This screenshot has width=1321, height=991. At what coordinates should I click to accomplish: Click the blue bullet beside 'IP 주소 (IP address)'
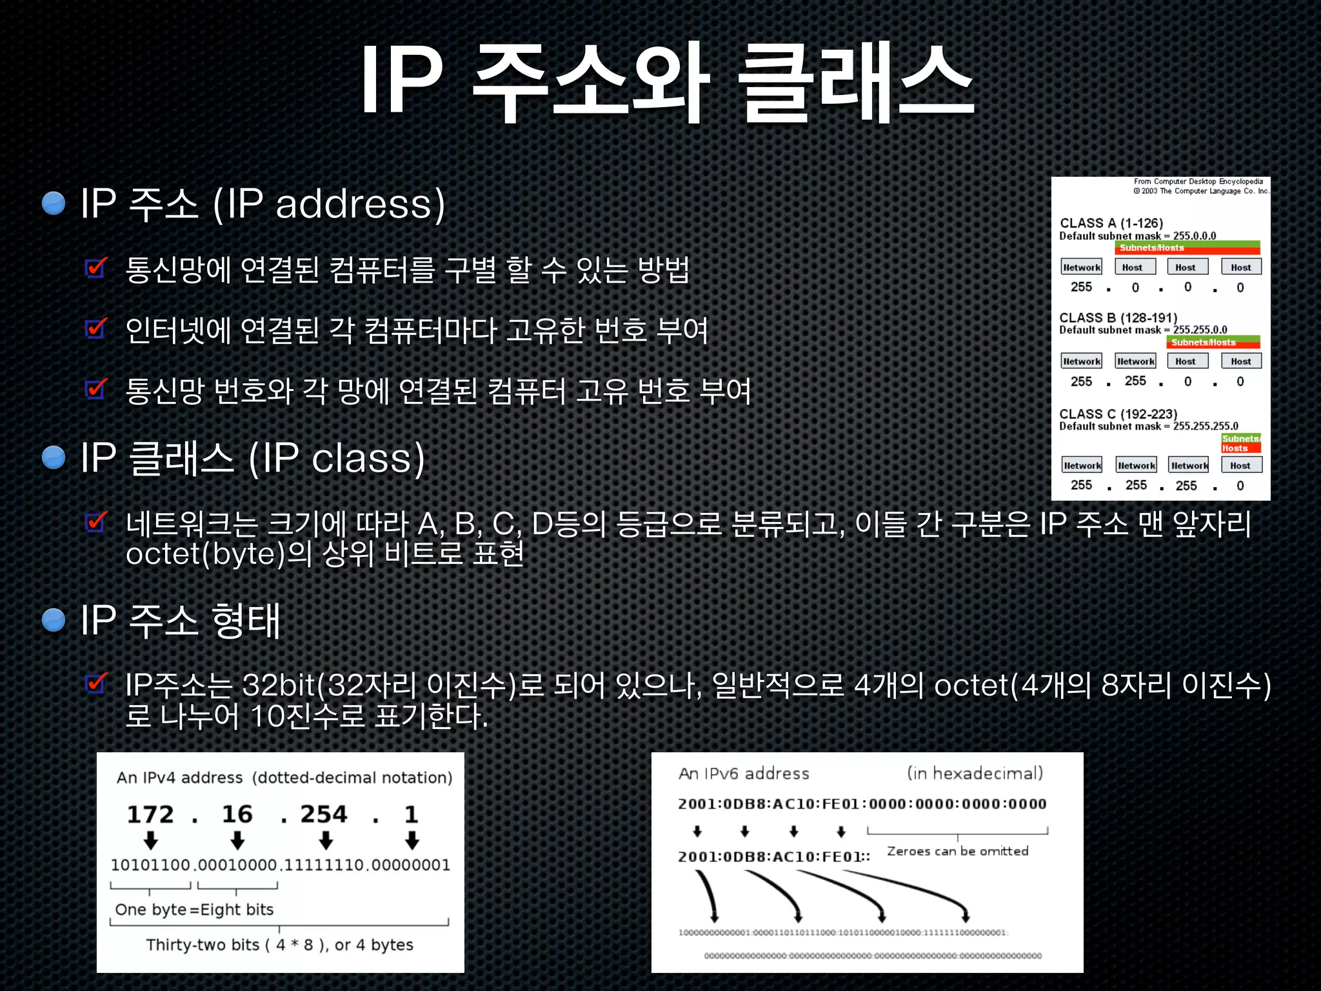pyautogui.click(x=54, y=203)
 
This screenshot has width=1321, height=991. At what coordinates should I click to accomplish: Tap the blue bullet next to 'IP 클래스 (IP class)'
pyautogui.click(x=54, y=457)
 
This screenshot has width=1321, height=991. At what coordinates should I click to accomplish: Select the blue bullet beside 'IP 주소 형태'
pyautogui.click(x=54, y=620)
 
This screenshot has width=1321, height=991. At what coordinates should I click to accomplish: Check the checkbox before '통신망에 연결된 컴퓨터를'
pyautogui.click(x=96, y=267)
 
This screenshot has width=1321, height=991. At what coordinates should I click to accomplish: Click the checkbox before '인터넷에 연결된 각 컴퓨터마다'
pyautogui.click(x=96, y=328)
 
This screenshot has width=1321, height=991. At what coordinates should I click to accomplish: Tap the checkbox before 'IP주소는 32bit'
pyautogui.click(x=96, y=683)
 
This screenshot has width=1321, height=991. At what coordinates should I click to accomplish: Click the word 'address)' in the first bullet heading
pyautogui.click(x=360, y=204)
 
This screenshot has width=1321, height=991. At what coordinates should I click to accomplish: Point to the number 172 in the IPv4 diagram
pyautogui.click(x=150, y=814)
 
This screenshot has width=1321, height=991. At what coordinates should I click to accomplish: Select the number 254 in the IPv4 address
pyautogui.click(x=324, y=814)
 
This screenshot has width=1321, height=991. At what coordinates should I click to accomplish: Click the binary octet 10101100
pyautogui.click(x=150, y=865)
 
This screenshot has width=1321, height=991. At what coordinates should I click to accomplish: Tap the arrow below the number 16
pyautogui.click(x=237, y=840)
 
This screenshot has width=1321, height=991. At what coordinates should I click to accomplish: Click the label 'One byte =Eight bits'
pyautogui.click(x=194, y=910)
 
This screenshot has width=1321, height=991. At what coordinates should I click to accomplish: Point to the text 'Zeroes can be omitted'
pyautogui.click(x=958, y=851)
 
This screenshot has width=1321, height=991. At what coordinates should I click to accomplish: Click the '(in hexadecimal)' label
pyautogui.click(x=975, y=773)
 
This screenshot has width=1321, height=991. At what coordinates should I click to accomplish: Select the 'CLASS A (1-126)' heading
pyautogui.click(x=1111, y=223)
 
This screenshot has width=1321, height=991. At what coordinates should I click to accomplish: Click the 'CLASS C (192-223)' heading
pyautogui.click(x=1118, y=414)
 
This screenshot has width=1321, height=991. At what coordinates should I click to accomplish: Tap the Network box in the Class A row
pyautogui.click(x=1082, y=267)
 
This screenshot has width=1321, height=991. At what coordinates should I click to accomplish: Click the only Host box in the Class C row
pyautogui.click(x=1240, y=465)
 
